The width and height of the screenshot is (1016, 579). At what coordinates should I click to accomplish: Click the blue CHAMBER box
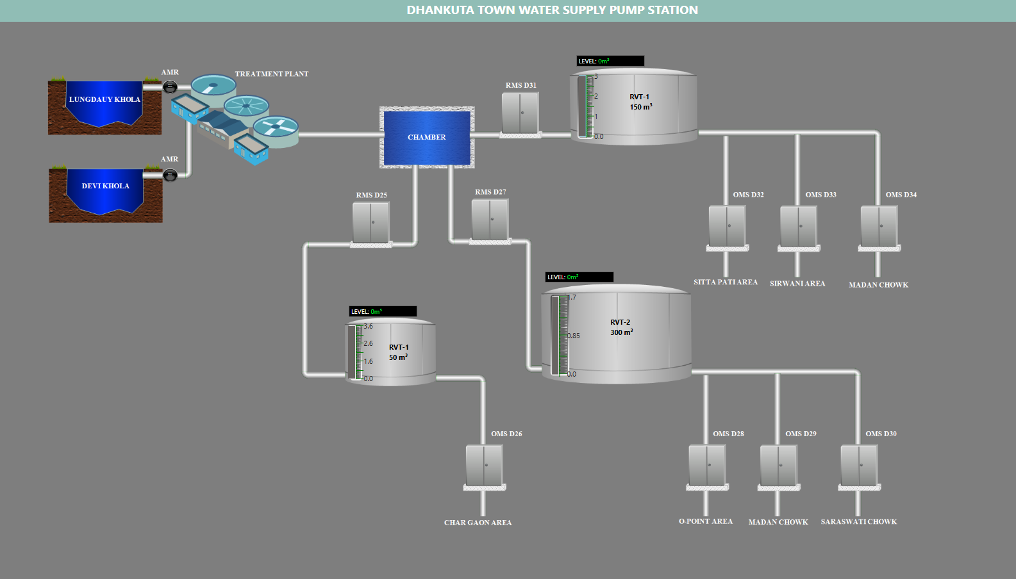[427, 137]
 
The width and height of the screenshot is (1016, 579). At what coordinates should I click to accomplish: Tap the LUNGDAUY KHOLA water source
[104, 102]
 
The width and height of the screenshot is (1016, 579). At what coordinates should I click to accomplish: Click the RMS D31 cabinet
[520, 113]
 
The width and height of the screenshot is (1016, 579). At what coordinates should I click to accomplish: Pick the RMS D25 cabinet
[371, 222]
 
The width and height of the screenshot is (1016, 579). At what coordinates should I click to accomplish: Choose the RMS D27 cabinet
[490, 219]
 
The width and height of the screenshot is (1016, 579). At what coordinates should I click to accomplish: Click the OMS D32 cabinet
[727, 225]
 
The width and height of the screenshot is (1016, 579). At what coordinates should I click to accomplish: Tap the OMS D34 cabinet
[879, 225]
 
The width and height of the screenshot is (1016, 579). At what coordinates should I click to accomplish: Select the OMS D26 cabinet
[484, 465]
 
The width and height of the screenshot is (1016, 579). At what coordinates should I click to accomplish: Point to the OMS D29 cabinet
[778, 465]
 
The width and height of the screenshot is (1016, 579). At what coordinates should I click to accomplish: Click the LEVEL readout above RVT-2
[579, 277]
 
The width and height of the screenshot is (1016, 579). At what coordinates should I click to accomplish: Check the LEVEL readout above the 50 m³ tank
[383, 312]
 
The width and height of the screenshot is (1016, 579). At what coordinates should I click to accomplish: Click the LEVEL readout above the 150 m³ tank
[610, 61]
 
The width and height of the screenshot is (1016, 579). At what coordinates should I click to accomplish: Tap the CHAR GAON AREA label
[478, 523]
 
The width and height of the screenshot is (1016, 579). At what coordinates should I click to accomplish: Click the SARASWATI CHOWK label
[858, 522]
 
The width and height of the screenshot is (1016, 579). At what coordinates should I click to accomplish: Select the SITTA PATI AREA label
[725, 282]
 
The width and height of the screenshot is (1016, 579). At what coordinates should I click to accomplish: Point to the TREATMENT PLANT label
[271, 74]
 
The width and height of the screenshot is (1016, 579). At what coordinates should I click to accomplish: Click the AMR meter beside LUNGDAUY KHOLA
[170, 86]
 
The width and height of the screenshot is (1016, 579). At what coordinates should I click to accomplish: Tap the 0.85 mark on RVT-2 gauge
[573, 336]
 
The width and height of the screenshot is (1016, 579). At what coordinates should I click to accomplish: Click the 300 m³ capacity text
[621, 332]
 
